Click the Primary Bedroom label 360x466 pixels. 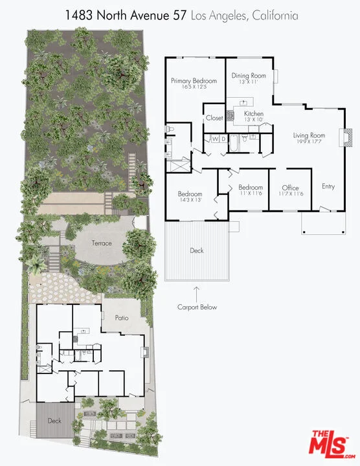(194, 81)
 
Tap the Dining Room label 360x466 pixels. (249, 76)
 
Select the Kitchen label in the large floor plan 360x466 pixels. (254, 113)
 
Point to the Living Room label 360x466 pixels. (309, 135)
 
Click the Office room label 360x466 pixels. (291, 188)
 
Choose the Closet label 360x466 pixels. (214, 118)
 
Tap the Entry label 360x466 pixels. (328, 186)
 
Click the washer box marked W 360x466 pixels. (215, 139)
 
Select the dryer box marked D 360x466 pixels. (223, 139)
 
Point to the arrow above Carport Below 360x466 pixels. (196, 293)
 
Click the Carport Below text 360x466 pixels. (197, 307)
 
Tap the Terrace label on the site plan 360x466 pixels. (102, 243)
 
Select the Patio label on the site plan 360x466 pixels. (122, 318)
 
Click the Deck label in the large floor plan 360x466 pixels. (197, 251)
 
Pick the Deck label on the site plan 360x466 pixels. (54, 421)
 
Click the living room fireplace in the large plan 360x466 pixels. (346, 137)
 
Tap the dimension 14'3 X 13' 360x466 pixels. (190, 200)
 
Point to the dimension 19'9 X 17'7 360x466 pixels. (309, 142)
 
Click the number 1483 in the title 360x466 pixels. (79, 16)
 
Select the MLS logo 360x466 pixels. (332, 444)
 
